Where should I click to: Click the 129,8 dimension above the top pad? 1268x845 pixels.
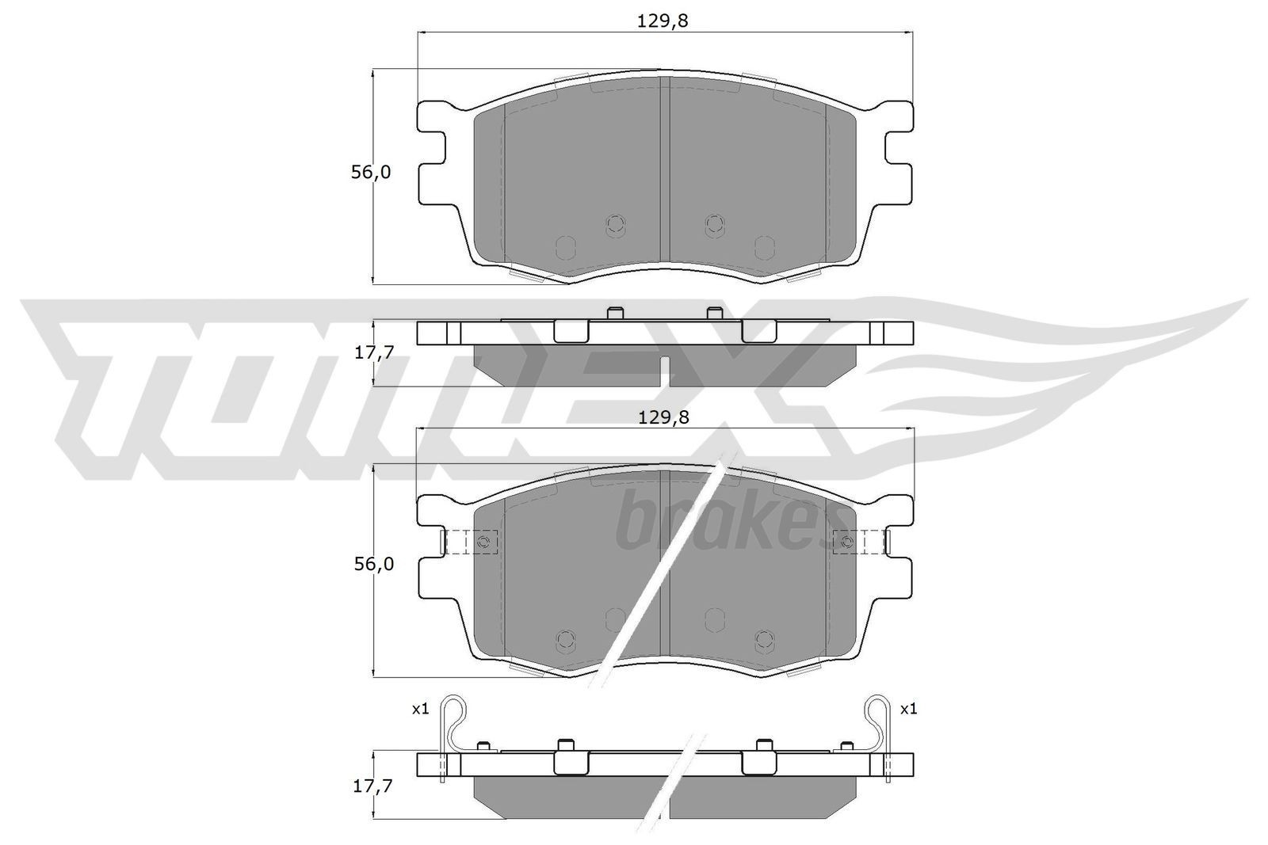(x=662, y=21)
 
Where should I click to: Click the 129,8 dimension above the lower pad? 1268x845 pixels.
(x=663, y=418)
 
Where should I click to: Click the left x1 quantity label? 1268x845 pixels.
(x=420, y=709)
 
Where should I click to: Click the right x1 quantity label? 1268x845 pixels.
(x=908, y=709)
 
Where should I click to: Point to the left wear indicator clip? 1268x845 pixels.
(x=449, y=725)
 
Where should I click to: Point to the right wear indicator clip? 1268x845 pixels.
(x=879, y=725)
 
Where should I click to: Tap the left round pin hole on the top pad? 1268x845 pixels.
(x=615, y=225)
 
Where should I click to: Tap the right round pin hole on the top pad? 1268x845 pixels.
(x=715, y=225)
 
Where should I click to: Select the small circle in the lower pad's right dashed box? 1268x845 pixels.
(x=846, y=542)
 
